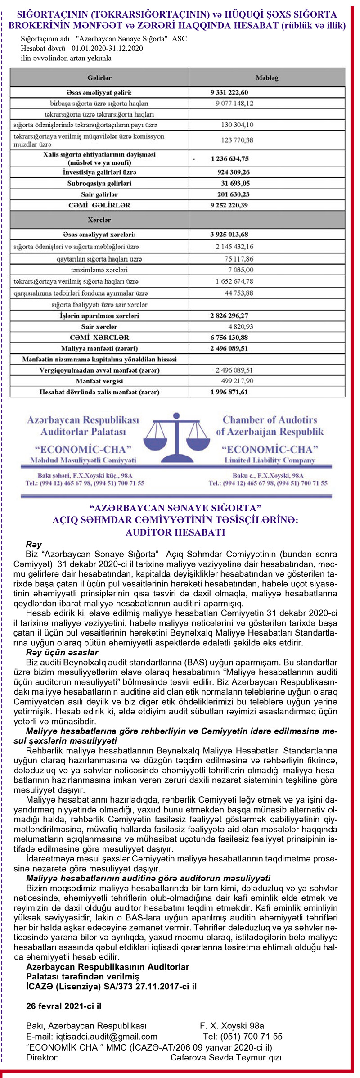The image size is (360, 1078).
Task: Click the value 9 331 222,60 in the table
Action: coord(229,93)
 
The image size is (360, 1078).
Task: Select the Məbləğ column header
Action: coord(267,77)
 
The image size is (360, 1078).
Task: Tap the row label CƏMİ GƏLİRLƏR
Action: coord(99,205)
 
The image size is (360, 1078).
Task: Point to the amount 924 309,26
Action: coord(233,172)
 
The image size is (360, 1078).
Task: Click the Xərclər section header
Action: coord(99,220)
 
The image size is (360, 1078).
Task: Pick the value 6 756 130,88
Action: coord(229,338)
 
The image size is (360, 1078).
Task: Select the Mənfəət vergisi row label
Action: coord(99,381)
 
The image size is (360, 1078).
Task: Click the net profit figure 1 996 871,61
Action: coord(229,392)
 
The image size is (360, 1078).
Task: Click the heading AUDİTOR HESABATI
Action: coord(175,532)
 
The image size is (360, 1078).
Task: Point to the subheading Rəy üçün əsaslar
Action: coord(62,653)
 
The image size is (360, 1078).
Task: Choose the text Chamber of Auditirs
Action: coord(270,420)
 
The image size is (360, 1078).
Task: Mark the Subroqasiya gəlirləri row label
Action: coord(99,184)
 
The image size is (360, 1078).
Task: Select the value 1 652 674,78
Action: coord(234,281)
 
